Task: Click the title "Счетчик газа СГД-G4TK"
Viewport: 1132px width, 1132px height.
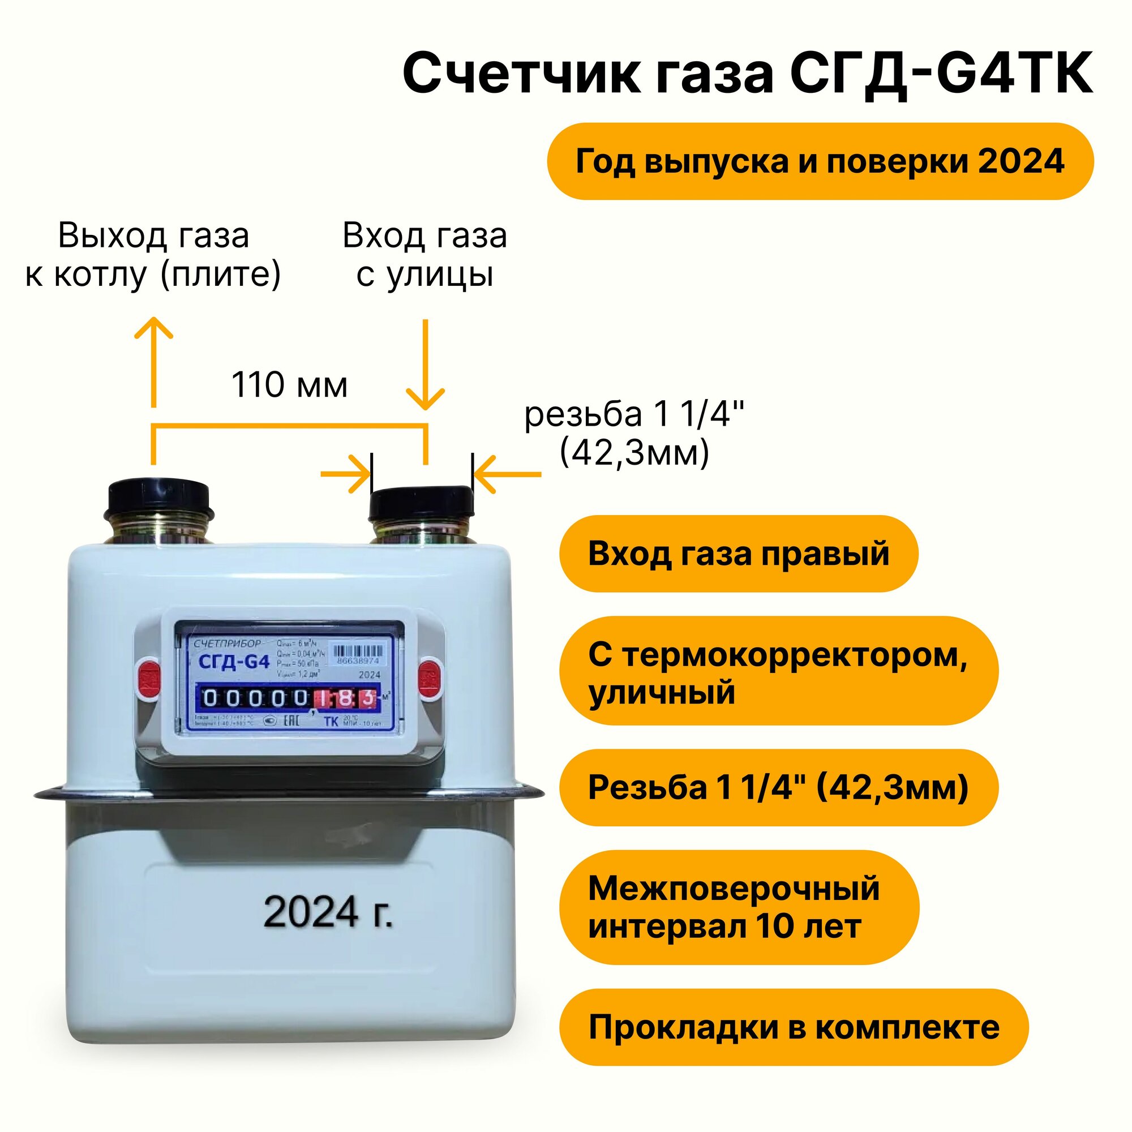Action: pos(748,74)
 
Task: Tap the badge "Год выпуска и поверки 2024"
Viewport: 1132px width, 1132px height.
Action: pos(820,161)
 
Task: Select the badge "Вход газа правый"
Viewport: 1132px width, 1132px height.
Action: pos(738,554)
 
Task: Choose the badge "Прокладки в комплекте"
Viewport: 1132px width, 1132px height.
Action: pos(794,1027)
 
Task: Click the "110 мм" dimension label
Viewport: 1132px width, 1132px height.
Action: pos(289,385)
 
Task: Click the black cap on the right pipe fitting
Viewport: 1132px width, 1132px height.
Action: pos(421,504)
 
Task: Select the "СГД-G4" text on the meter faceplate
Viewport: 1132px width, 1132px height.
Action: pos(234,663)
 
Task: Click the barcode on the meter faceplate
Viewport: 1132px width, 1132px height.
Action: pos(358,651)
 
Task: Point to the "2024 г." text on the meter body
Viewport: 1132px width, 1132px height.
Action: pos(328,912)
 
